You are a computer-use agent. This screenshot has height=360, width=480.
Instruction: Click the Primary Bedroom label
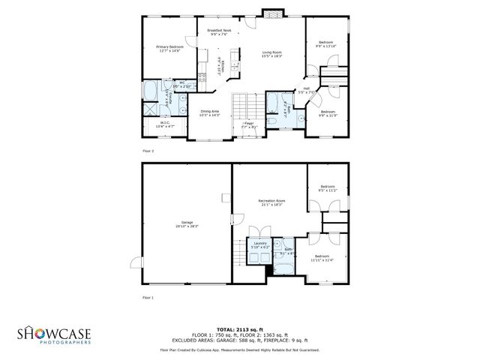[x=169, y=48]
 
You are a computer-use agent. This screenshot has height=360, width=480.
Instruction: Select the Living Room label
[x=271, y=54]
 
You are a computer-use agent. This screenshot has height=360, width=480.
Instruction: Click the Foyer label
[x=248, y=124]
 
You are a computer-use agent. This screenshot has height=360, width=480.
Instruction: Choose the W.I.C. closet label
[x=163, y=125]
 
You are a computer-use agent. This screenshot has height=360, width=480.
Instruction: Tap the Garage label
[x=186, y=224]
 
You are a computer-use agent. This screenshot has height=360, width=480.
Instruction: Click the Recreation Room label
[x=271, y=202]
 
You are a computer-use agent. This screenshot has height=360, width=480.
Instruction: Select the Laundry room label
[x=260, y=245]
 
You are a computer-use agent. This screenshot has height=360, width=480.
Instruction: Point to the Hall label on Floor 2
[x=306, y=90]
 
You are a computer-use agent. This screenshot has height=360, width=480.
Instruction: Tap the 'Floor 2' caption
[x=148, y=151]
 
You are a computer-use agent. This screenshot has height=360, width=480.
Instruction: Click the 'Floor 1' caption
[x=148, y=298]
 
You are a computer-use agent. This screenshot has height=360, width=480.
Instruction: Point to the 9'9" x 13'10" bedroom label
[x=326, y=44]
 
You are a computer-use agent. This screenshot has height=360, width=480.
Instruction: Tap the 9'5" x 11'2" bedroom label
[x=328, y=189]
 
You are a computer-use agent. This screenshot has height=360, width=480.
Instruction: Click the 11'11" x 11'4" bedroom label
[x=322, y=259]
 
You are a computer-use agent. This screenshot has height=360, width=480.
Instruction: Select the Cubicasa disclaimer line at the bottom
[x=240, y=349]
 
